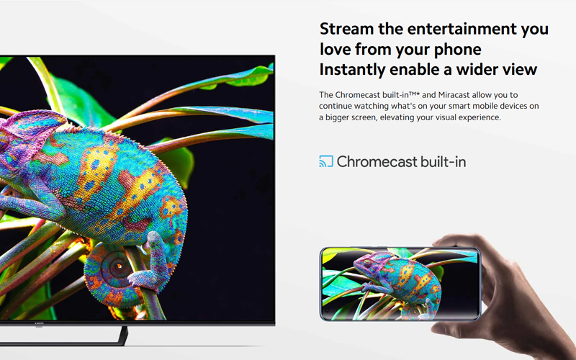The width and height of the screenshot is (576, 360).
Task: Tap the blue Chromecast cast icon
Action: [x=326, y=161]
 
